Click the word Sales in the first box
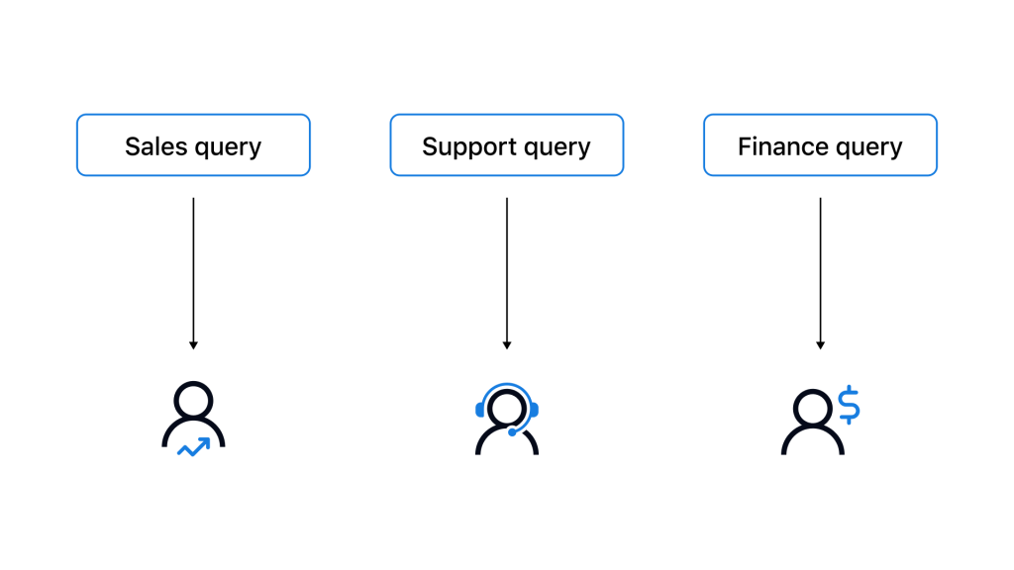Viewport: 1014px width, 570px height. click(x=155, y=146)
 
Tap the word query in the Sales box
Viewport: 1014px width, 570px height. click(x=229, y=148)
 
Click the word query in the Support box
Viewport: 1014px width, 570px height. click(x=558, y=148)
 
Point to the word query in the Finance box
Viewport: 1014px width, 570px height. click(x=868, y=148)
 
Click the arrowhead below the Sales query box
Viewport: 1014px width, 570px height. click(x=193, y=345)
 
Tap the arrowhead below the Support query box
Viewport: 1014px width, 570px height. click(x=507, y=345)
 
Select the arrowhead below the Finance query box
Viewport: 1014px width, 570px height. click(x=821, y=345)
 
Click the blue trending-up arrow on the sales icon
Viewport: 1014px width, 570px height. click(x=194, y=446)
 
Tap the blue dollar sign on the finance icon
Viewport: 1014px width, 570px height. click(x=849, y=405)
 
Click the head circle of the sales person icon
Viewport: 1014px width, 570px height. click(x=193, y=401)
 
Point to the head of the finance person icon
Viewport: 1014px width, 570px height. click(x=812, y=409)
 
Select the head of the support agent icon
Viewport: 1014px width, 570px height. click(x=507, y=409)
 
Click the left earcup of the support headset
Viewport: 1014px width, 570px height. click(x=480, y=410)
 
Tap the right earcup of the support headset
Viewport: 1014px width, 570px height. click(x=534, y=410)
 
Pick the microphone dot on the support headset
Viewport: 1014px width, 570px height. click(x=512, y=432)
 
